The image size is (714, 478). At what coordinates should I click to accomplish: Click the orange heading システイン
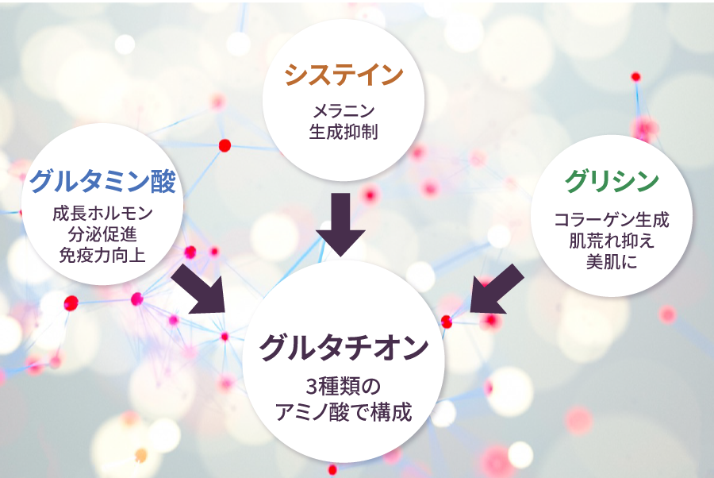344,75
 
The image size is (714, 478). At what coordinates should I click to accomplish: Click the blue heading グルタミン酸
102,181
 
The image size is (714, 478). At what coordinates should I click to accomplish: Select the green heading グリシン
612,181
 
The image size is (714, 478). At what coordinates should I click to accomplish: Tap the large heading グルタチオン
344,348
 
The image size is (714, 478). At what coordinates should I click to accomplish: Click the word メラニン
344,110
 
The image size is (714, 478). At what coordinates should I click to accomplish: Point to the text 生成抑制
344,131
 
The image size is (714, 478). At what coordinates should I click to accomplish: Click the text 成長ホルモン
102,214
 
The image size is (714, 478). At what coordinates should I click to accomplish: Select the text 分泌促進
102,234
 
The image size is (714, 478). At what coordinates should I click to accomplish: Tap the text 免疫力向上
102,255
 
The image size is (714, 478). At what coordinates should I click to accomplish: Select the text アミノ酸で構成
344,412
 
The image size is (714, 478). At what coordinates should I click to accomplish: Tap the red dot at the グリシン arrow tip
447,322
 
